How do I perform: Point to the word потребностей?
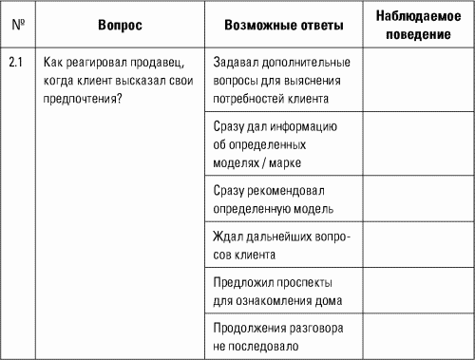(253, 96)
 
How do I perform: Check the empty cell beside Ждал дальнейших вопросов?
(418, 246)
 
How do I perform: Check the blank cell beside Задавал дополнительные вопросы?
(418, 79)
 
